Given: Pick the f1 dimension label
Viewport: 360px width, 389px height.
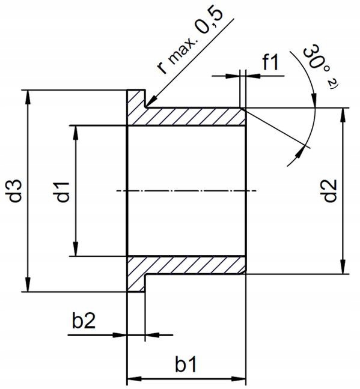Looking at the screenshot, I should [x=272, y=63].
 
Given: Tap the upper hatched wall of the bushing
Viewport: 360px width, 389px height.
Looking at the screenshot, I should [x=192, y=117].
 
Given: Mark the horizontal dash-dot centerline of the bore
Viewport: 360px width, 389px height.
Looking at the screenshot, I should [x=186, y=191].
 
